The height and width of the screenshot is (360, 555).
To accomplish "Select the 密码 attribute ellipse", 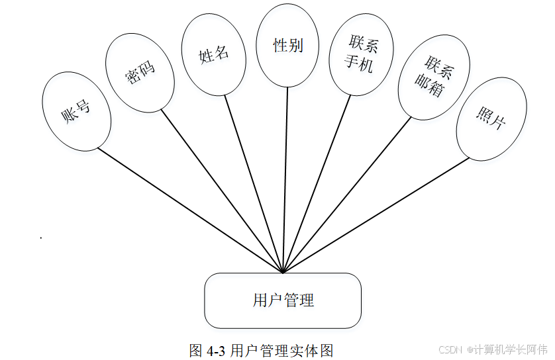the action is point(140,73).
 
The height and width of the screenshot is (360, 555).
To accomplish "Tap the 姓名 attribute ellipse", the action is point(214,55).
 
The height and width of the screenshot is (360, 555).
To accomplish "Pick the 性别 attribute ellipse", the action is point(288,45).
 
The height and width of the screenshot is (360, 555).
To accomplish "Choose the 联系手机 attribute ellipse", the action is point(361,55).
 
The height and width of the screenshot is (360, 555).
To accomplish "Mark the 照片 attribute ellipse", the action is point(491,118).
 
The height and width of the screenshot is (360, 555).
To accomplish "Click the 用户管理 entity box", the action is point(283,300).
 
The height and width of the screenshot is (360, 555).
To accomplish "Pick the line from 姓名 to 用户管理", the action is point(254,185).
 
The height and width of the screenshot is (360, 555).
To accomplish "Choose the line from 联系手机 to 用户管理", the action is point(317,185).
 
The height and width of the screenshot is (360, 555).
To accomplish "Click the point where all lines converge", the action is point(283,272).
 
